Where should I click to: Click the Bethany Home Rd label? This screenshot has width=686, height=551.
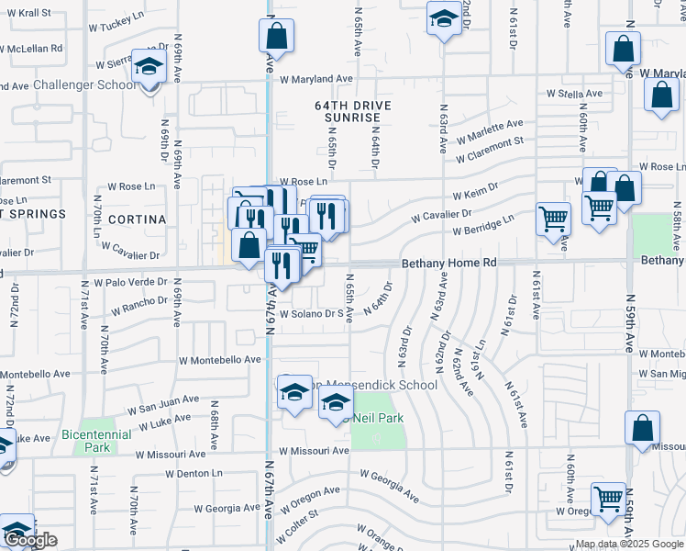click(x=449, y=263)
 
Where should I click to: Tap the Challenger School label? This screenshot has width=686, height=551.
click(x=83, y=85)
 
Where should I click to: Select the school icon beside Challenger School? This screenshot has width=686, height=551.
click(x=149, y=68)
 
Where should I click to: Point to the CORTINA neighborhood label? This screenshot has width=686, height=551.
click(x=137, y=219)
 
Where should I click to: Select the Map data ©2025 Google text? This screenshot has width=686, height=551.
click(x=629, y=544)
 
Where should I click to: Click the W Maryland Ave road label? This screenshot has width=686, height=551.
click(x=316, y=80)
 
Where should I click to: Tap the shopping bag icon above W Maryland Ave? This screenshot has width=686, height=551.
click(x=276, y=38)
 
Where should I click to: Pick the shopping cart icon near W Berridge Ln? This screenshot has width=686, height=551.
click(x=553, y=219)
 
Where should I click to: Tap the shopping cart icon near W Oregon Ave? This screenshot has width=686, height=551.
click(x=608, y=500)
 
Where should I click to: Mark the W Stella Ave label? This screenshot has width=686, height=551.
click(x=574, y=94)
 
